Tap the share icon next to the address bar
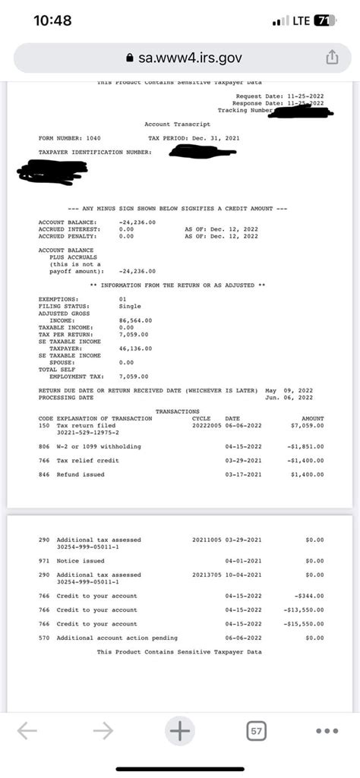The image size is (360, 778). tap(331, 57)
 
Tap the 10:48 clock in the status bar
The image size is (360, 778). tap(53, 20)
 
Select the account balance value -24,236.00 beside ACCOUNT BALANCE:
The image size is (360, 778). tap(137, 222)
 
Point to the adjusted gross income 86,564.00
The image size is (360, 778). tap(136, 320)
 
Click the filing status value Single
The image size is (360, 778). tap(131, 306)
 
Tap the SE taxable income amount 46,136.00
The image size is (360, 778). tap(136, 348)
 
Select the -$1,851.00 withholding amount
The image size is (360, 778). tap(305, 446)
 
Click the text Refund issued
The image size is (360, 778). tap(81, 474)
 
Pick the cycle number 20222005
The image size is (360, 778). tap(206, 425)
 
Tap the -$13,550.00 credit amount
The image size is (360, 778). tap(304, 609)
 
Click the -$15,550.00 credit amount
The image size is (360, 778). tap(304, 623)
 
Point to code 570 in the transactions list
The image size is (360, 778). tap(43, 638)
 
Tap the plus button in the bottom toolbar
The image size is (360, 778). tap(180, 731)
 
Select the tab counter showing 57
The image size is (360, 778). tap(257, 731)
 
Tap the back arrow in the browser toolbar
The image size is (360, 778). tap(27, 731)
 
